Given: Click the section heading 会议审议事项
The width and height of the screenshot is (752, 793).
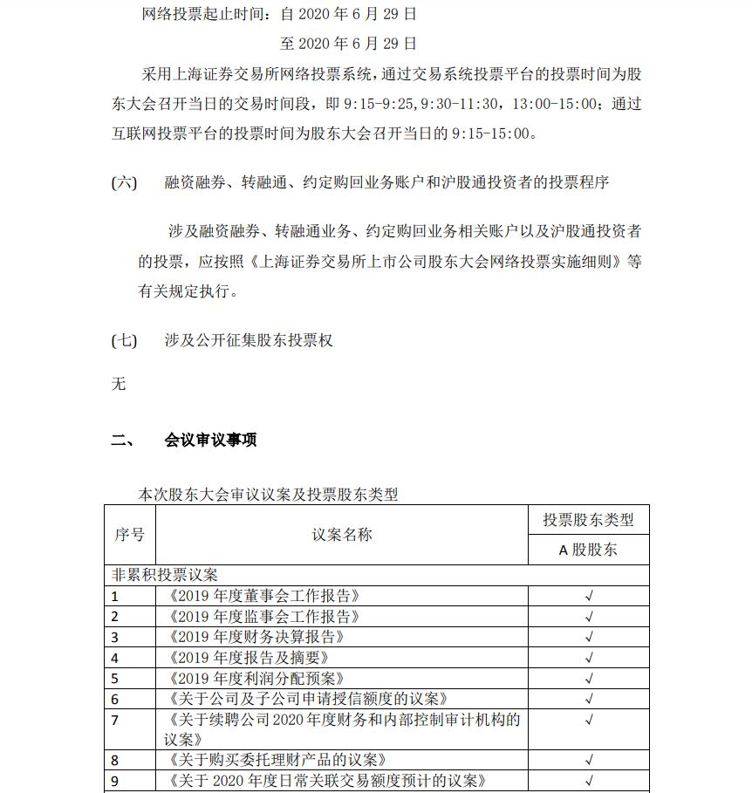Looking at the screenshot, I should point(210,440).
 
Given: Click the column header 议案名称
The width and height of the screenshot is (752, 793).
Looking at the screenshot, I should point(341,535).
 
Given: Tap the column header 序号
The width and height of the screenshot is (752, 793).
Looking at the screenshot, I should point(129,535).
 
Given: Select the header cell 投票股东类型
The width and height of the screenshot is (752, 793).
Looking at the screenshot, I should point(588,520).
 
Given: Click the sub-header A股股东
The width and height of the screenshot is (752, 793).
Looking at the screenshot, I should point(588,550).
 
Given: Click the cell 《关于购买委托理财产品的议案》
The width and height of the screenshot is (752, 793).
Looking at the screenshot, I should point(277,760).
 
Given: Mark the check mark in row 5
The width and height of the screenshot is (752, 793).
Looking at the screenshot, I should point(589,678).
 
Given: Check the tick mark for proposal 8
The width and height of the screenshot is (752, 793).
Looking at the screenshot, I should point(589,760).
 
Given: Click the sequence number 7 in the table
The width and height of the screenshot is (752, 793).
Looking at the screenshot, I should point(115,720).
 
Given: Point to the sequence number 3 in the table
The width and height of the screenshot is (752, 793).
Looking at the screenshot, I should point(115,637).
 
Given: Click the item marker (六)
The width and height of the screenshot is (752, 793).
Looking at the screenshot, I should point(124,182).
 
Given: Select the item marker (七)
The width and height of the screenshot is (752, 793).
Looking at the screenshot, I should point(124,340).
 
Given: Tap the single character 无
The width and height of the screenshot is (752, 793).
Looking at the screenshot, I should point(119,383).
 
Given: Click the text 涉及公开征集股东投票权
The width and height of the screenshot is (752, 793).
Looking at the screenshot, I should point(249,340).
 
